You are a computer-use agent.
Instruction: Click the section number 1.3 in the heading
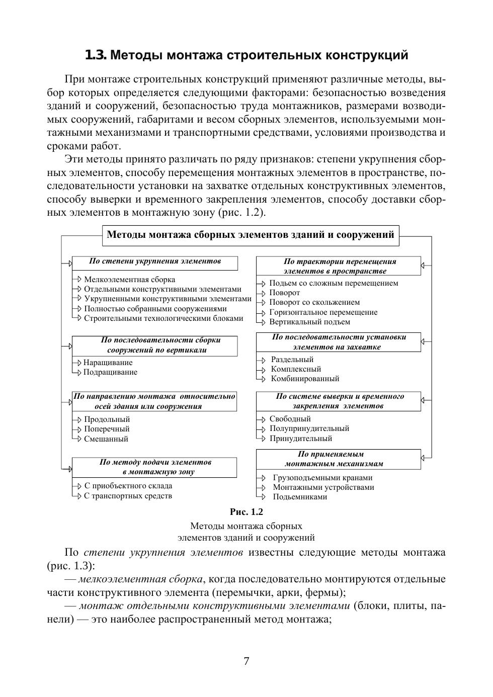[x=96, y=55]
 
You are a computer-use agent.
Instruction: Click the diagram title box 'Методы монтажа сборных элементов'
[x=251, y=235]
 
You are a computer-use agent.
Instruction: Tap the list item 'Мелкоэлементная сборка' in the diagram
[x=129, y=280]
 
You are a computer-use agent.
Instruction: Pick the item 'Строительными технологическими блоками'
[x=163, y=318]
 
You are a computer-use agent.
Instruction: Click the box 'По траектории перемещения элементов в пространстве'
[x=339, y=266]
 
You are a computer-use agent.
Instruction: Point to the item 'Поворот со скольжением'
[x=314, y=302]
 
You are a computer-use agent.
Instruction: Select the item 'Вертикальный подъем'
[x=309, y=322]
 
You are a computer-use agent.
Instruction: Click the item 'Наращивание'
[x=108, y=363]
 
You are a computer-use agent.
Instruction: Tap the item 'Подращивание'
[x=110, y=372]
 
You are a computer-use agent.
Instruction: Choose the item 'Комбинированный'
[x=305, y=379]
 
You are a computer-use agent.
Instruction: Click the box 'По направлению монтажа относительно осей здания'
[x=154, y=401]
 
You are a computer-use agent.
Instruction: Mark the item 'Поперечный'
[x=107, y=429]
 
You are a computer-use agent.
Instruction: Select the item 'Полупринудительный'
[x=309, y=428]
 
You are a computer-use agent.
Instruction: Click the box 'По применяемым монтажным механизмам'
[x=339, y=459]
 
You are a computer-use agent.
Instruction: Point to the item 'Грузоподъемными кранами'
[x=322, y=478]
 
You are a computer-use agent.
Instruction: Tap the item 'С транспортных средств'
[x=128, y=496]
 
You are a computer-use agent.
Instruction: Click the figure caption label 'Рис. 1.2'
[x=247, y=512]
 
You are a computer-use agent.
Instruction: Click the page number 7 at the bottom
[x=247, y=661]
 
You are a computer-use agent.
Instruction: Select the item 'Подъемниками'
[x=300, y=497]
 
